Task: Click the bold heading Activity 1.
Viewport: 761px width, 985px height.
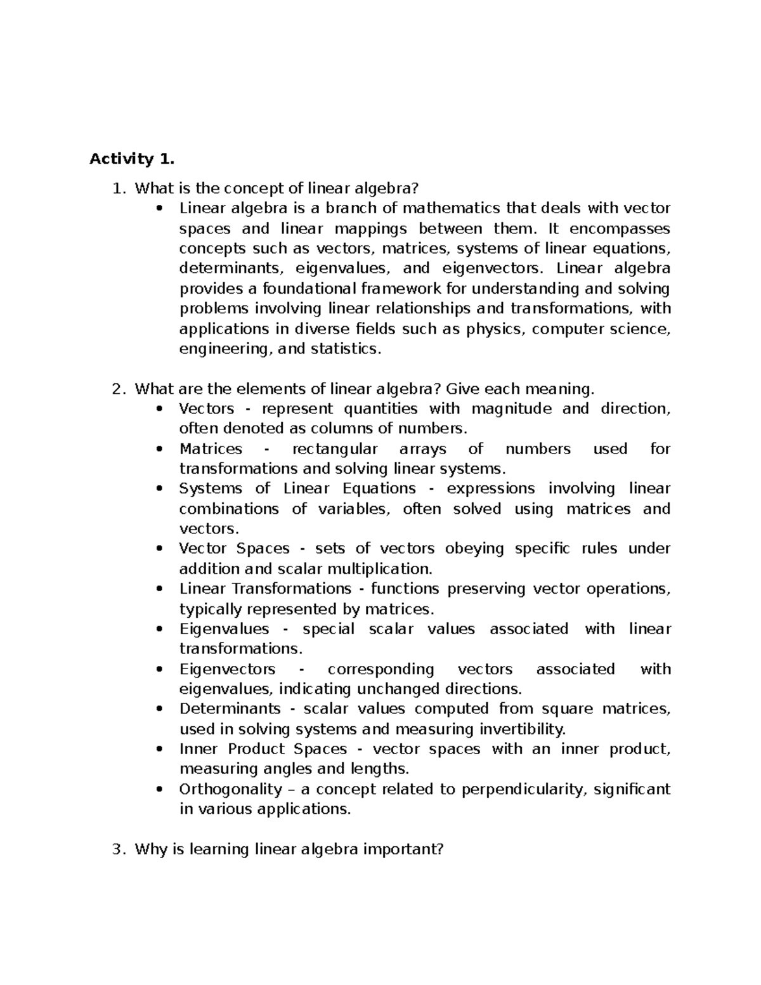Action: click(131, 159)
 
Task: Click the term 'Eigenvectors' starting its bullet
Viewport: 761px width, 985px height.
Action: click(227, 669)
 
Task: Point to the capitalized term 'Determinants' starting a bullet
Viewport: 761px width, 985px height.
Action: click(230, 708)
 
